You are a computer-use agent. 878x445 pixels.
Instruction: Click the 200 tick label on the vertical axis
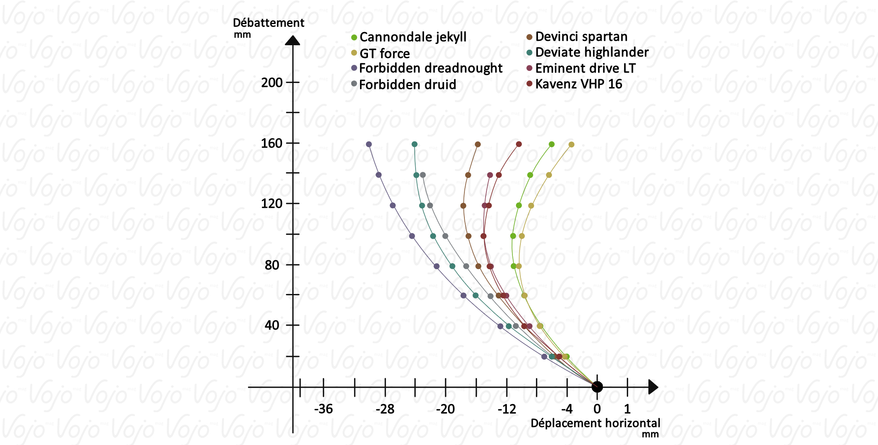tap(272, 83)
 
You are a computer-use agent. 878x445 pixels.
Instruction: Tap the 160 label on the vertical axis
tap(272, 143)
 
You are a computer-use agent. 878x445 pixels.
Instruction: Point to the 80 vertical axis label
tap(272, 265)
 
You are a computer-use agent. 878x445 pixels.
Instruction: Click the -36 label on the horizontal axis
tap(323, 409)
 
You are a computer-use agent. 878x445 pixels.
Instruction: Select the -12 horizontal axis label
tap(507, 409)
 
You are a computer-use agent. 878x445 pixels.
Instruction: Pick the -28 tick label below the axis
tap(385, 409)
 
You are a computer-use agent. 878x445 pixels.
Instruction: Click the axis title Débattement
tap(268, 23)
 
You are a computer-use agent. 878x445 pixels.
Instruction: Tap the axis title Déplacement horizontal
tap(595, 423)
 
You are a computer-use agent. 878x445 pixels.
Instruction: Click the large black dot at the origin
tap(597, 387)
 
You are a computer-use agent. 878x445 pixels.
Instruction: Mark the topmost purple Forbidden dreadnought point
tap(369, 145)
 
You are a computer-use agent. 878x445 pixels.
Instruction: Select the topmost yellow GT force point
tap(571, 145)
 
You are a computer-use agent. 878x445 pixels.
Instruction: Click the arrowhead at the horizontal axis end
tap(653, 387)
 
